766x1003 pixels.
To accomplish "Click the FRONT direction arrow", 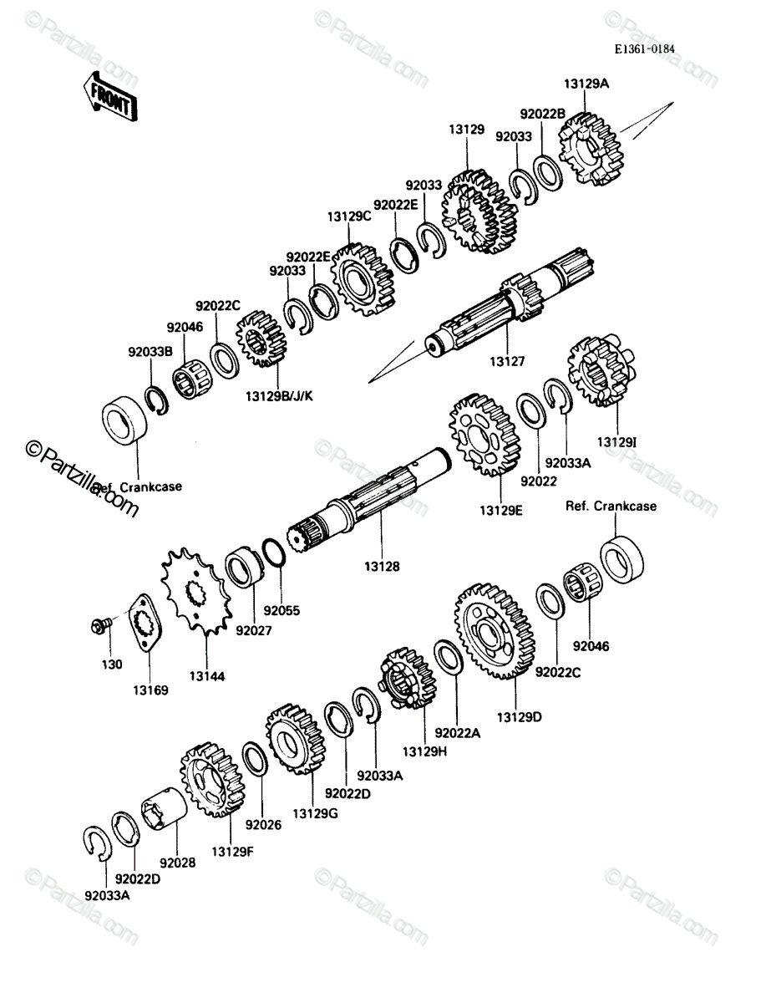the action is (110, 96).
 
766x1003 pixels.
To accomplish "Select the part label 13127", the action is (507, 361).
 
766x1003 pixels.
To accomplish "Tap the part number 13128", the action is (382, 566).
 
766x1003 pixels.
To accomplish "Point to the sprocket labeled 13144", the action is (196, 592).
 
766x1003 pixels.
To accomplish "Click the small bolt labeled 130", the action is (100, 625).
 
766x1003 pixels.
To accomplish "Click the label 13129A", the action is (586, 84).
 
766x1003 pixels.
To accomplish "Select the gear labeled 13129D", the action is (495, 631).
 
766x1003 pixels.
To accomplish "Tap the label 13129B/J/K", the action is (279, 395).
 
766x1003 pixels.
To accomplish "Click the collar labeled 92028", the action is (164, 810).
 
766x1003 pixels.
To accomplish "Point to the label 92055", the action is (282, 610).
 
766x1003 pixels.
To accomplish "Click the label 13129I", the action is (616, 442).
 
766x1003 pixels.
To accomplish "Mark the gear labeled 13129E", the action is (484, 435).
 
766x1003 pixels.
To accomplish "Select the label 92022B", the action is (543, 114).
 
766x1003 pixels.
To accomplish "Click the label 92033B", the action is (150, 352).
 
